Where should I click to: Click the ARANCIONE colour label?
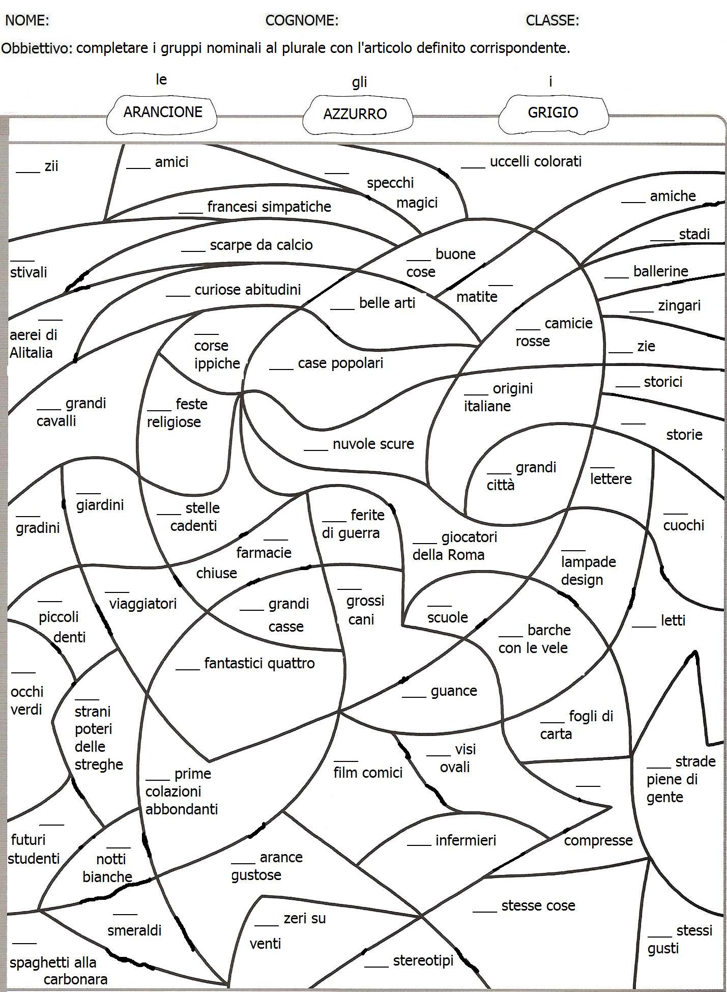pyautogui.click(x=163, y=112)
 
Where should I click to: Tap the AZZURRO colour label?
pyautogui.click(x=355, y=114)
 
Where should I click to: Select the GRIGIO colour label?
pyautogui.click(x=552, y=112)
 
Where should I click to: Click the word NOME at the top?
pyautogui.click(x=26, y=20)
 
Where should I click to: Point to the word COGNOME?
pyautogui.click(x=301, y=20)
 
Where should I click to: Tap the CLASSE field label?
pyautogui.click(x=552, y=20)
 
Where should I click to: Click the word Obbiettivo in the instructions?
pyautogui.click(x=37, y=48)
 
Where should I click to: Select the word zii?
pyautogui.click(x=51, y=166)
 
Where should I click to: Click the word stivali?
pyautogui.click(x=28, y=272)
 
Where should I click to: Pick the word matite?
pyautogui.click(x=477, y=297)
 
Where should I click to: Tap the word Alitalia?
pyautogui.click(x=31, y=353)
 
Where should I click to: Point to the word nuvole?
pyautogui.click(x=353, y=444)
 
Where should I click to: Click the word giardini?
pyautogui.click(x=100, y=505)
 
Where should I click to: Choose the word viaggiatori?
pyautogui.click(x=143, y=604)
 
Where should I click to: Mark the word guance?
pyautogui.click(x=454, y=691)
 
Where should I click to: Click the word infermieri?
pyautogui.click(x=466, y=840)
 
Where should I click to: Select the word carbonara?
pyautogui.click(x=75, y=979)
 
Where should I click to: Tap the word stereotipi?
pyautogui.click(x=423, y=960)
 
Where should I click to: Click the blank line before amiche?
pyautogui.click(x=633, y=202)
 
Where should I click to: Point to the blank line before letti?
pyautogui.click(x=644, y=626)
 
